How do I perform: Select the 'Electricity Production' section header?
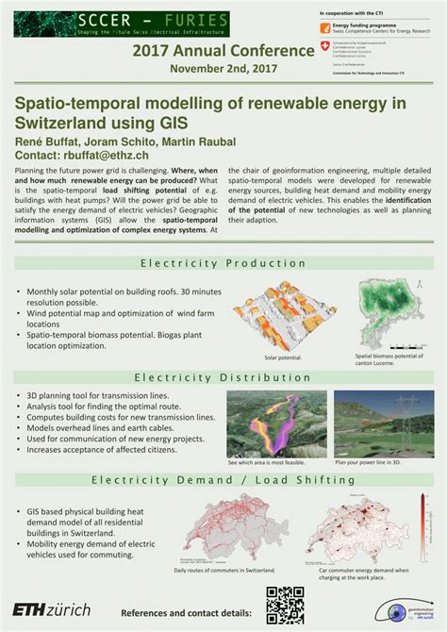point(223,263)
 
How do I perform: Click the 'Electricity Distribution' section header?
point(223,377)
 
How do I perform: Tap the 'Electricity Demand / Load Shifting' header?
point(223,479)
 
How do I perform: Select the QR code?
point(285,605)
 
